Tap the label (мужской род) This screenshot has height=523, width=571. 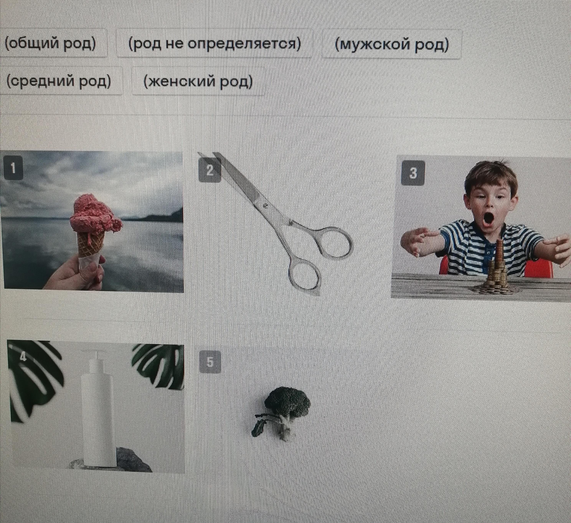point(392,44)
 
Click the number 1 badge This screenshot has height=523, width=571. point(13,168)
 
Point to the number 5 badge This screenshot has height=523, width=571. point(210,362)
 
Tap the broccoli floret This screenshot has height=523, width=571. point(287,399)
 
